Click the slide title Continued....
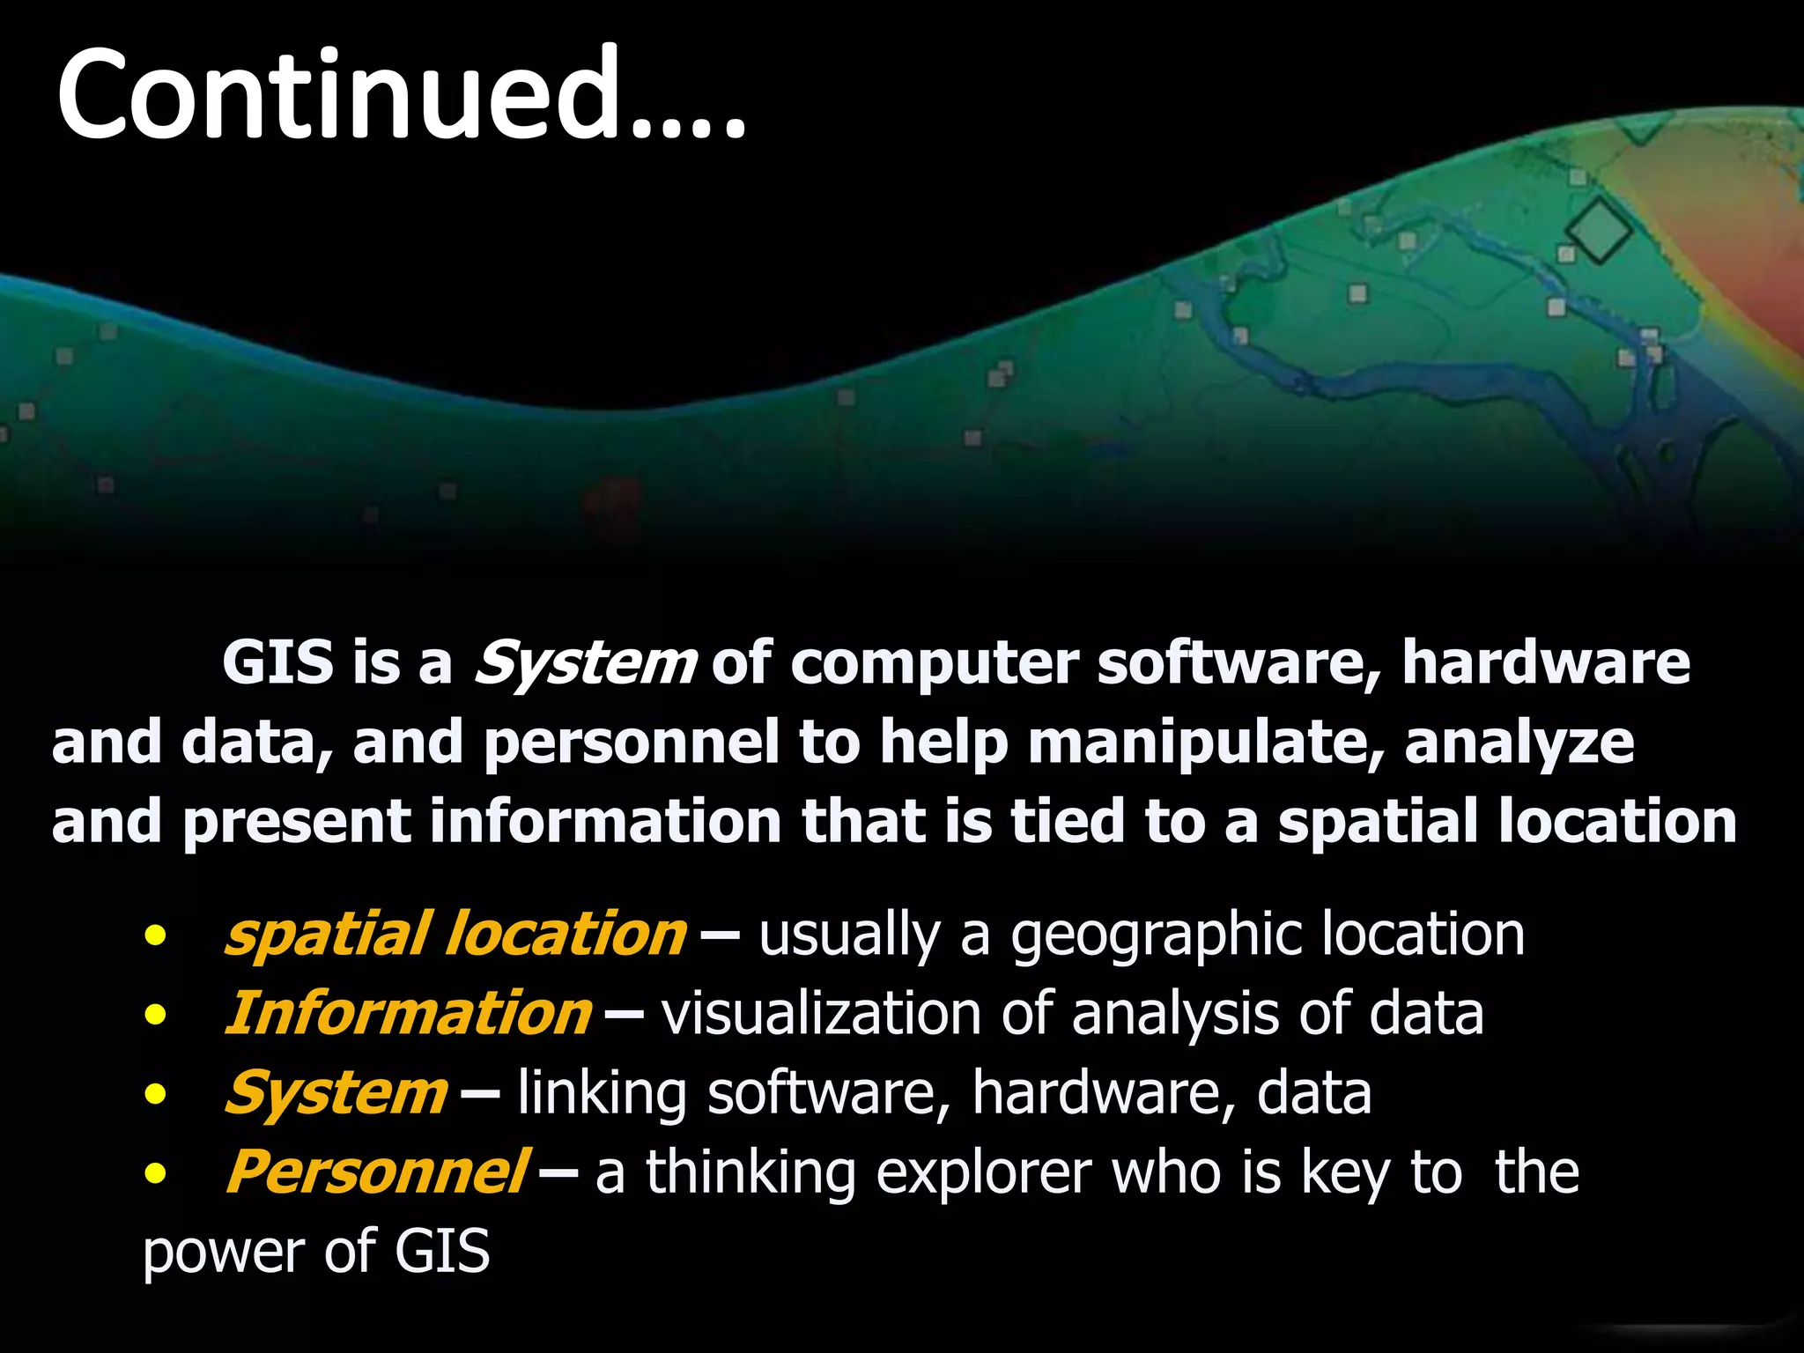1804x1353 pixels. point(401,94)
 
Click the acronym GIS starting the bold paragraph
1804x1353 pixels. point(278,662)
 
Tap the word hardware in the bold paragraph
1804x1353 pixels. point(1546,662)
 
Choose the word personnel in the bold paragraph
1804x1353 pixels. point(631,743)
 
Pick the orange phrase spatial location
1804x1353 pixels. point(455,935)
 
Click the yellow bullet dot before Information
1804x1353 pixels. point(156,1016)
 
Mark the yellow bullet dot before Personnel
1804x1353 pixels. point(156,1174)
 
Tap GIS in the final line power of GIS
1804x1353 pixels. point(441,1252)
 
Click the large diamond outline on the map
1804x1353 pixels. point(1598,231)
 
